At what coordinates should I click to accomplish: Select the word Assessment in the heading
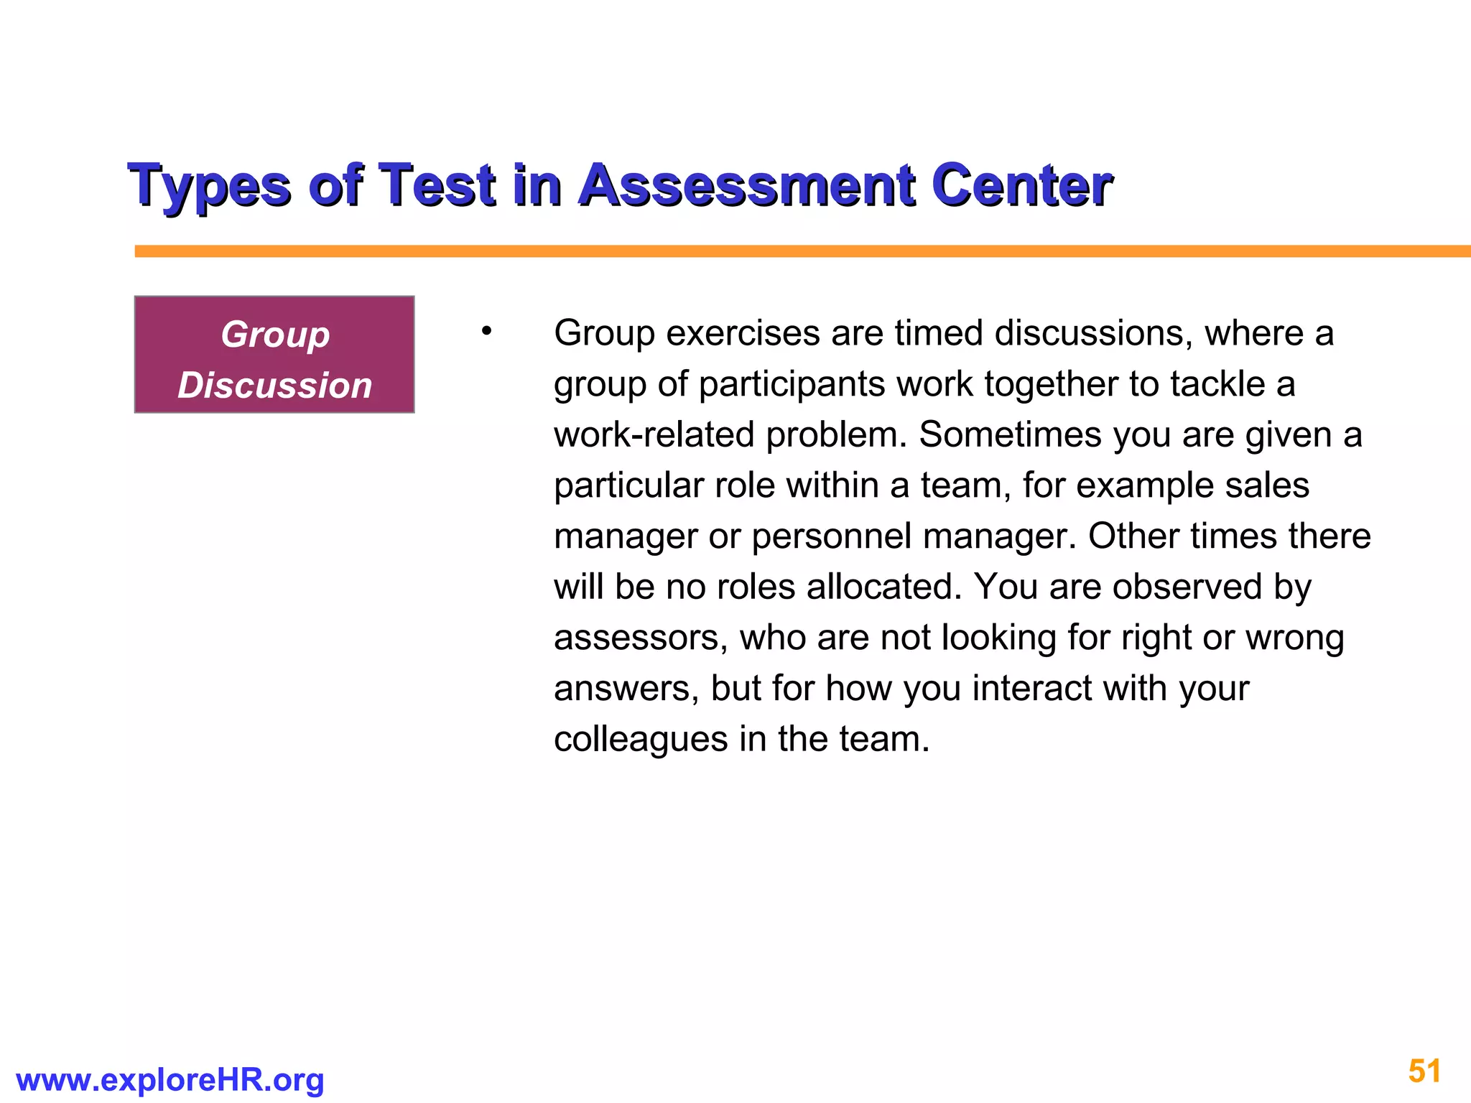[x=747, y=185]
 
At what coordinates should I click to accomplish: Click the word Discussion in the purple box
[x=274, y=386]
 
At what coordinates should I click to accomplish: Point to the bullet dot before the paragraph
[x=486, y=331]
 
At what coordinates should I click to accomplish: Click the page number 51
[x=1424, y=1071]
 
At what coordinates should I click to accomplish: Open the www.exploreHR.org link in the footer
[x=170, y=1080]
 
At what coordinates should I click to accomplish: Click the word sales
[x=1268, y=486]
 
